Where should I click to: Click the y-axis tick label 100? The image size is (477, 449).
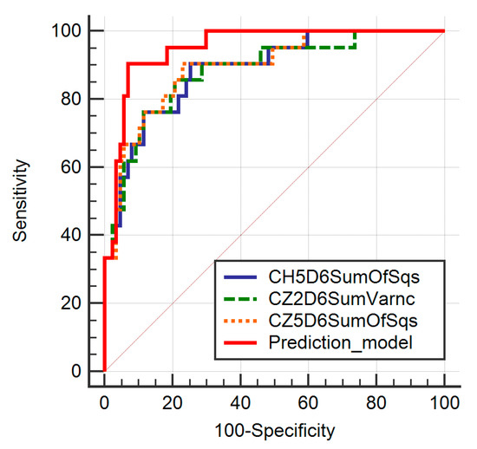pos(66,30)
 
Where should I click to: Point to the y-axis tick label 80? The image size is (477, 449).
pos(71,99)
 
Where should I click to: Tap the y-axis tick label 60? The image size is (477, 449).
pos(71,167)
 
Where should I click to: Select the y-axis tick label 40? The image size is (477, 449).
pos(71,235)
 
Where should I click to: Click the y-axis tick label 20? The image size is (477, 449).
pos(71,303)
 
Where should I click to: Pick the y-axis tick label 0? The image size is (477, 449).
pos(76,371)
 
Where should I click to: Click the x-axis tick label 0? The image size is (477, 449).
pos(104,403)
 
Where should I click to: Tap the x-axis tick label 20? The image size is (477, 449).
pos(173,403)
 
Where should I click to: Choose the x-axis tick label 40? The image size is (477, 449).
pos(240,403)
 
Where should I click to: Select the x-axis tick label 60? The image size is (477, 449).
pos(309,403)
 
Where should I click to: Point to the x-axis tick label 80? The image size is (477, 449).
pos(376,403)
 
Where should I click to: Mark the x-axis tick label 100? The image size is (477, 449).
pos(444,403)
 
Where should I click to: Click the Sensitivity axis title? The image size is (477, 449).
pos(20,200)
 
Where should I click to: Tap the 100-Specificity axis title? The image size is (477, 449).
pos(275,432)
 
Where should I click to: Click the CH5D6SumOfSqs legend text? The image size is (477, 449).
pos(344,277)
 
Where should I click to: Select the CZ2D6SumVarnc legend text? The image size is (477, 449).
pos(342,299)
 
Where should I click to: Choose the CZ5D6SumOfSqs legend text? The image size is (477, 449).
pos(343,321)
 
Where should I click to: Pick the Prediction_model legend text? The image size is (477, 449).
pos(341,343)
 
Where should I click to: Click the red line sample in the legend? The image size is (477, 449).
pos(240,343)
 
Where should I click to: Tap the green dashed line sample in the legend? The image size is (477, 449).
pos(240,299)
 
